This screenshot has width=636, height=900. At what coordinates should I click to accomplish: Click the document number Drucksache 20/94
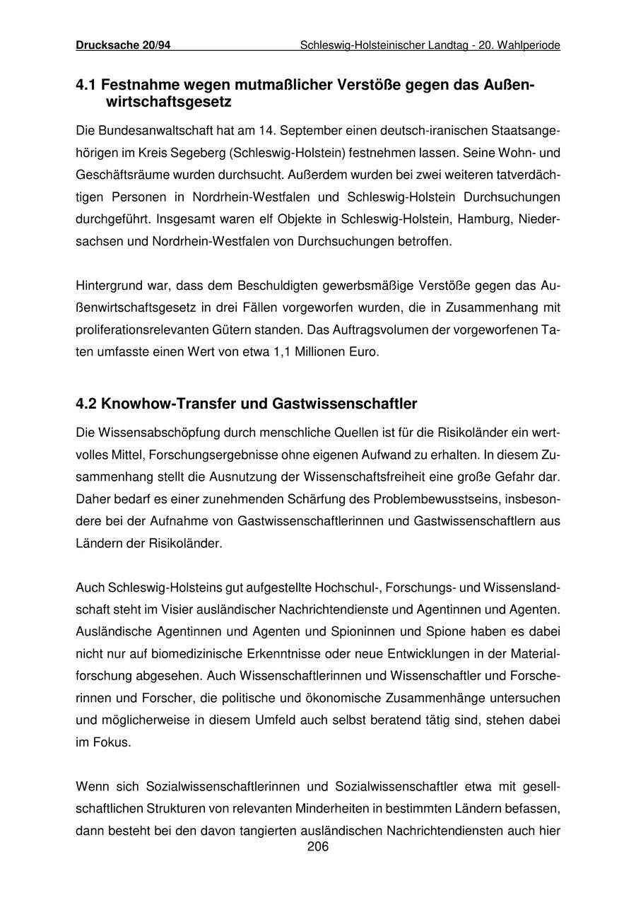(123, 45)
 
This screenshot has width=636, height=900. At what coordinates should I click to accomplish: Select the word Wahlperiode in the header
(529, 45)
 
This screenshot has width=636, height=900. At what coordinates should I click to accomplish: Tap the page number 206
(318, 846)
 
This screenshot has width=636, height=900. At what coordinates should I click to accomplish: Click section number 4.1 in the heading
(86, 86)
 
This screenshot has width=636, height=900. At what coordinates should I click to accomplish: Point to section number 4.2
(86, 404)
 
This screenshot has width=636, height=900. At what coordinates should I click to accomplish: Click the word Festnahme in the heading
(138, 86)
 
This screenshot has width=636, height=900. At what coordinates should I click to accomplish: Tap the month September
(298, 131)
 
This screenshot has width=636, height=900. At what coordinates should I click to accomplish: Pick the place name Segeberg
(197, 153)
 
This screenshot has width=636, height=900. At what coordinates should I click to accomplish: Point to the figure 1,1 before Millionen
(281, 351)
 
